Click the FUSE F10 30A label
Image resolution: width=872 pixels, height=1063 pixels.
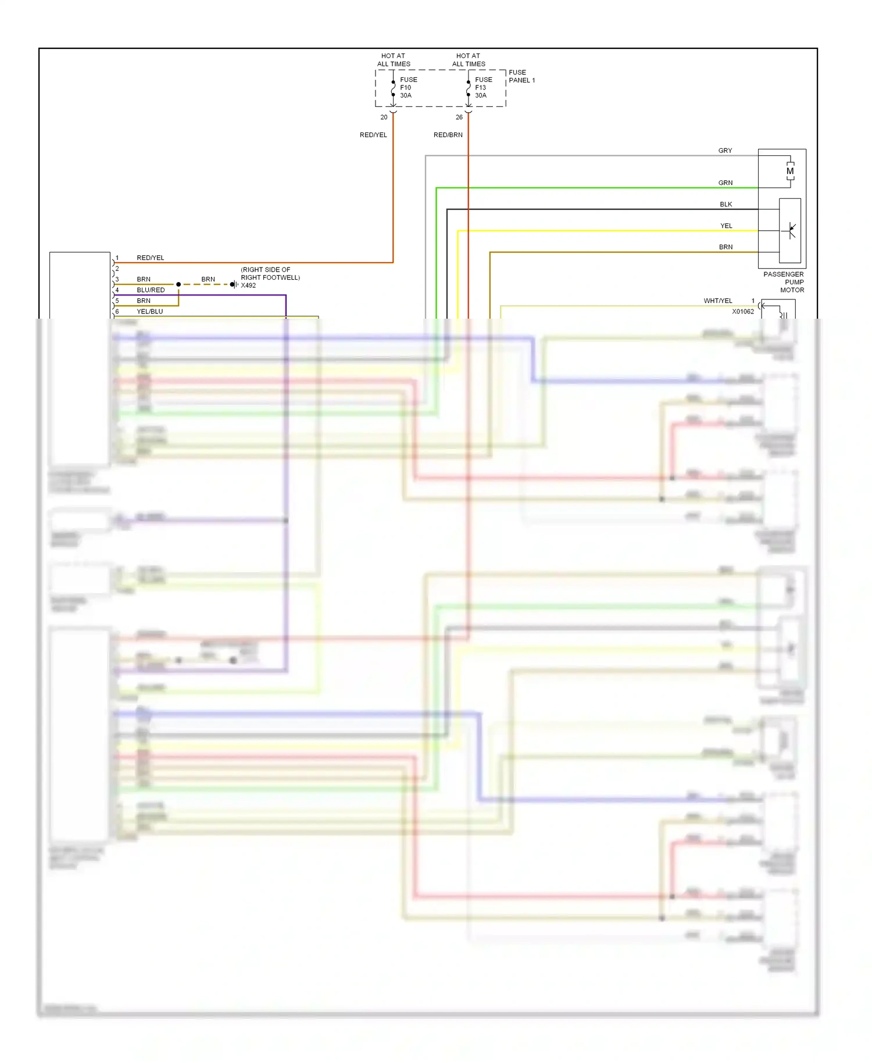pyautogui.click(x=408, y=88)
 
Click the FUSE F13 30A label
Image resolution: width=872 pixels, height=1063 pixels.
pyautogui.click(x=483, y=88)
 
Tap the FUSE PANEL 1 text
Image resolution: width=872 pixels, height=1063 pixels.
pyautogui.click(x=521, y=77)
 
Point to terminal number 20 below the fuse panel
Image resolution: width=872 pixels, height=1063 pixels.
pyautogui.click(x=384, y=117)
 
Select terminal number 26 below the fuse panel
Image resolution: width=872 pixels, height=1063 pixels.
pyautogui.click(x=459, y=117)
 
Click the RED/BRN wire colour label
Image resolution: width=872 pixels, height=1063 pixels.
pyautogui.click(x=448, y=135)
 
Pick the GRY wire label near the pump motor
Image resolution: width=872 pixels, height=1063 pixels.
pyautogui.click(x=725, y=151)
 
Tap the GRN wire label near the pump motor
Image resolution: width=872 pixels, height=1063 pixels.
pyautogui.click(x=725, y=183)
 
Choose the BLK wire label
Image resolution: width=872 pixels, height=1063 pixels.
pyautogui.click(x=726, y=205)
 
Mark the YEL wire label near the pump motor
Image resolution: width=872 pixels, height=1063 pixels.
pyautogui.click(x=726, y=226)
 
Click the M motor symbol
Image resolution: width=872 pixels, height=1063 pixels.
pyautogui.click(x=790, y=172)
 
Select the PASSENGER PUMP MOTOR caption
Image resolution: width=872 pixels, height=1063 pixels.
pyautogui.click(x=784, y=282)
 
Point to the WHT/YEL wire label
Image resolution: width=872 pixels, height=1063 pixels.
pyautogui.click(x=718, y=301)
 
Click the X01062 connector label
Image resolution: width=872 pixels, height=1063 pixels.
pyautogui.click(x=743, y=312)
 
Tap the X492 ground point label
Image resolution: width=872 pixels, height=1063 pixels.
pyautogui.click(x=248, y=286)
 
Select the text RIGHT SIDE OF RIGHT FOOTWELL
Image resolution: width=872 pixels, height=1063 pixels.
pyautogui.click(x=270, y=274)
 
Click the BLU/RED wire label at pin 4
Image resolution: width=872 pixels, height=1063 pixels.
pyautogui.click(x=151, y=290)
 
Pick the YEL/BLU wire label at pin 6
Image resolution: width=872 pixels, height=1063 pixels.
pyautogui.click(x=150, y=312)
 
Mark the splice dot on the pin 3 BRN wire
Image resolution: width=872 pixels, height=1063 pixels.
pyautogui.click(x=178, y=284)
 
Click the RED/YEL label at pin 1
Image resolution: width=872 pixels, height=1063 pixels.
pyautogui.click(x=151, y=258)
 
